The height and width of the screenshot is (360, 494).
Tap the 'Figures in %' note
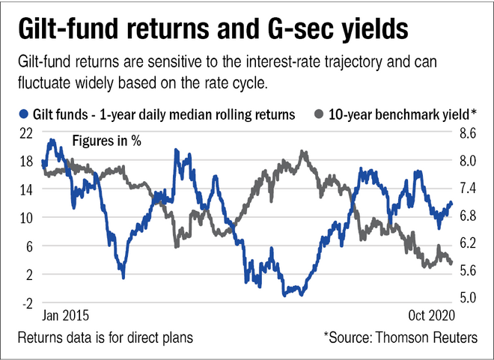[x=107, y=141]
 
